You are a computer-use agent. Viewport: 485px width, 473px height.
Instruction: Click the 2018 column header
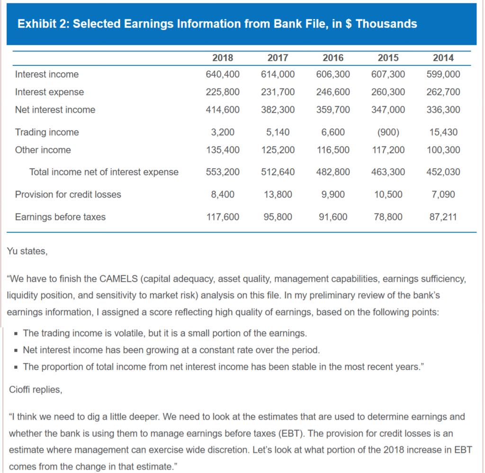pyautogui.click(x=222, y=58)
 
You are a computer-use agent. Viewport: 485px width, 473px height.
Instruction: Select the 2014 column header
pyautogui.click(x=443, y=58)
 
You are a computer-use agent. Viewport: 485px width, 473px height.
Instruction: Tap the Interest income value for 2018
pyautogui.click(x=222, y=74)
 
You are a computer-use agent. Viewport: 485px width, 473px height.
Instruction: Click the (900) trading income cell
pyautogui.click(x=388, y=132)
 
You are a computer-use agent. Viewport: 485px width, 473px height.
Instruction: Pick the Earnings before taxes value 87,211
pyautogui.click(x=443, y=217)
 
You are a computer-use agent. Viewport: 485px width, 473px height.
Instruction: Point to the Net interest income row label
pyautogui.click(x=55, y=110)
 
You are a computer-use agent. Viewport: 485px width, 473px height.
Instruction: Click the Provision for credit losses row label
pyautogui.click(x=68, y=194)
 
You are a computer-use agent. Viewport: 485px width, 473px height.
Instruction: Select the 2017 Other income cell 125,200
pyautogui.click(x=278, y=150)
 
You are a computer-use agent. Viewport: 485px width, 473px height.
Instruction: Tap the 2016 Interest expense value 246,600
pyautogui.click(x=332, y=92)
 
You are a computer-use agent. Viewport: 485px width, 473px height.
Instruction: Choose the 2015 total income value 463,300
pyautogui.click(x=388, y=172)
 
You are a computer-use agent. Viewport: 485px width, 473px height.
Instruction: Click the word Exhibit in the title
pyautogui.click(x=35, y=24)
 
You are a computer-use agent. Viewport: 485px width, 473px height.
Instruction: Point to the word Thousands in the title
pyautogui.click(x=386, y=24)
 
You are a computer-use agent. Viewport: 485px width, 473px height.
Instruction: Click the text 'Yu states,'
pyautogui.click(x=27, y=252)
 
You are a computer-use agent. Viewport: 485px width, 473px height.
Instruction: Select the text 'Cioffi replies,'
pyautogui.click(x=35, y=390)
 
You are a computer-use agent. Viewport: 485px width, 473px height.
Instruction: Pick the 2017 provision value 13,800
pyautogui.click(x=278, y=194)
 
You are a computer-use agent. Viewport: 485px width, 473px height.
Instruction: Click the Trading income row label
pyautogui.click(x=47, y=132)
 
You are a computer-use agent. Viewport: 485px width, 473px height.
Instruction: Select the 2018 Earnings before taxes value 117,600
pyautogui.click(x=222, y=217)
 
